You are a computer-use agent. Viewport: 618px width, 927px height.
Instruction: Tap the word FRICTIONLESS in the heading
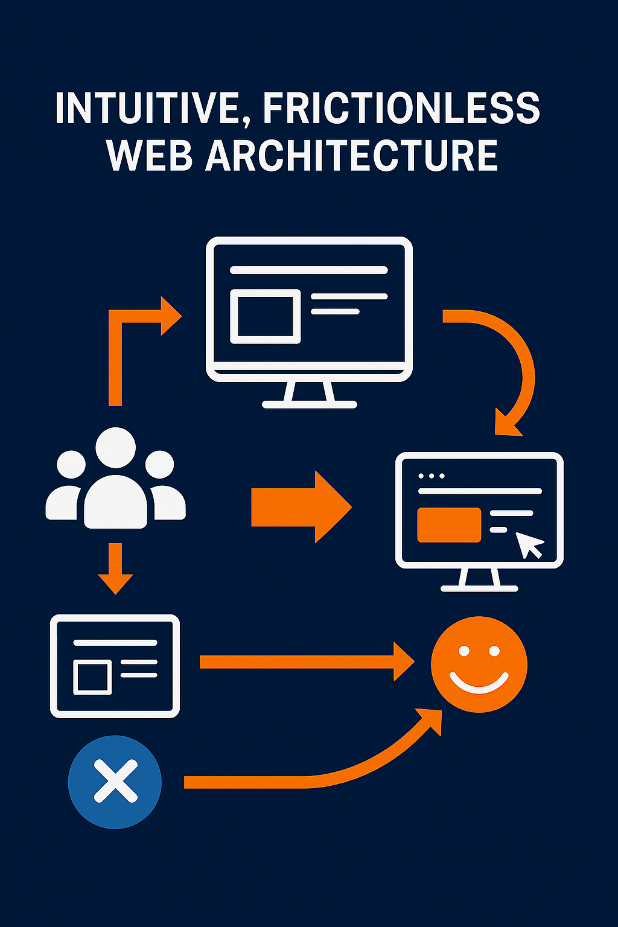[401, 109]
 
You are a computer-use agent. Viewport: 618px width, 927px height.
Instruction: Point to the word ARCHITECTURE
[352, 156]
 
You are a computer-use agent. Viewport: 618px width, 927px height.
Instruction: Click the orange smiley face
[479, 664]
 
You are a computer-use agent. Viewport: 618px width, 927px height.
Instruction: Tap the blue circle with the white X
[115, 782]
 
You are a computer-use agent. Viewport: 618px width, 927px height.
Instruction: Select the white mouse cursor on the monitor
[529, 545]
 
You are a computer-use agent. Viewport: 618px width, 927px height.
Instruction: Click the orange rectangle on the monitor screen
[449, 525]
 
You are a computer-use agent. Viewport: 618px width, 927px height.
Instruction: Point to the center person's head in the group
[115, 447]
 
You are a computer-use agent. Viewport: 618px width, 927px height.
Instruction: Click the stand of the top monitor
[309, 395]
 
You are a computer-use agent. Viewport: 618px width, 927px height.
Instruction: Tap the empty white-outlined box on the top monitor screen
[266, 316]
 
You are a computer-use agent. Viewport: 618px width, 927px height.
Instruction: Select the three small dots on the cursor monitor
[432, 476]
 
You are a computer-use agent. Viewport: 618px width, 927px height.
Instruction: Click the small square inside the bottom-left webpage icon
[92, 677]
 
